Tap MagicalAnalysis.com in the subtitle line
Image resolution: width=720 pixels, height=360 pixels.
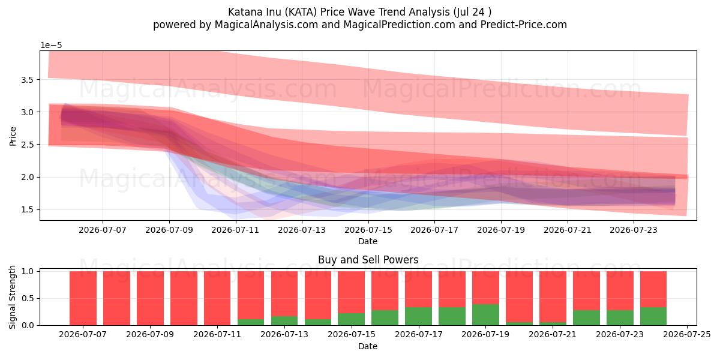pos(266,25)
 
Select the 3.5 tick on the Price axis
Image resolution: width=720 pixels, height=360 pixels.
pos(28,80)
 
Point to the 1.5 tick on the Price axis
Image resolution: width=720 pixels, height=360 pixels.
pos(28,209)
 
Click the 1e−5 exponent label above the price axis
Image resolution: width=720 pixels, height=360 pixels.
pos(51,46)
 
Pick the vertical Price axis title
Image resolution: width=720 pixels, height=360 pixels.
pos(13,137)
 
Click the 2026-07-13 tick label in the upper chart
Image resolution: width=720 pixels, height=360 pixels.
pos(302,230)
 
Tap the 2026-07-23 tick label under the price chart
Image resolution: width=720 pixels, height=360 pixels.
pos(634,230)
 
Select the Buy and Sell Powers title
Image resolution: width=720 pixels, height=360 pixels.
pos(368,260)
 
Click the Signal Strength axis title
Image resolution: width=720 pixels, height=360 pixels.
pos(12,298)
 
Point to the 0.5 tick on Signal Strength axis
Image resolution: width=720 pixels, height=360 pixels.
pos(28,298)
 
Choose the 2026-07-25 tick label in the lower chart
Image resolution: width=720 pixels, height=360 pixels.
pos(687,335)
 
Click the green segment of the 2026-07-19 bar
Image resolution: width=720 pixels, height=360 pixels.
pos(485,314)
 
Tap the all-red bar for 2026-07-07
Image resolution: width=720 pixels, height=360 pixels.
pos(83,298)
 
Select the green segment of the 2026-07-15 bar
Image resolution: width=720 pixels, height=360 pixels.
pos(352,319)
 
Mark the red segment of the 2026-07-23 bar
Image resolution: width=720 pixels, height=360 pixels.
pos(620,290)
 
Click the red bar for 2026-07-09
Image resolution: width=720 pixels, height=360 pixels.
pos(150,298)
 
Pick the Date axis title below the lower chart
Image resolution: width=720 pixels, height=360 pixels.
pos(368,346)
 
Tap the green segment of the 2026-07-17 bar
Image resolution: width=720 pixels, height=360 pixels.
pos(419,316)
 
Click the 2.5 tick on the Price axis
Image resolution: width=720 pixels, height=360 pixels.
pos(28,145)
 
